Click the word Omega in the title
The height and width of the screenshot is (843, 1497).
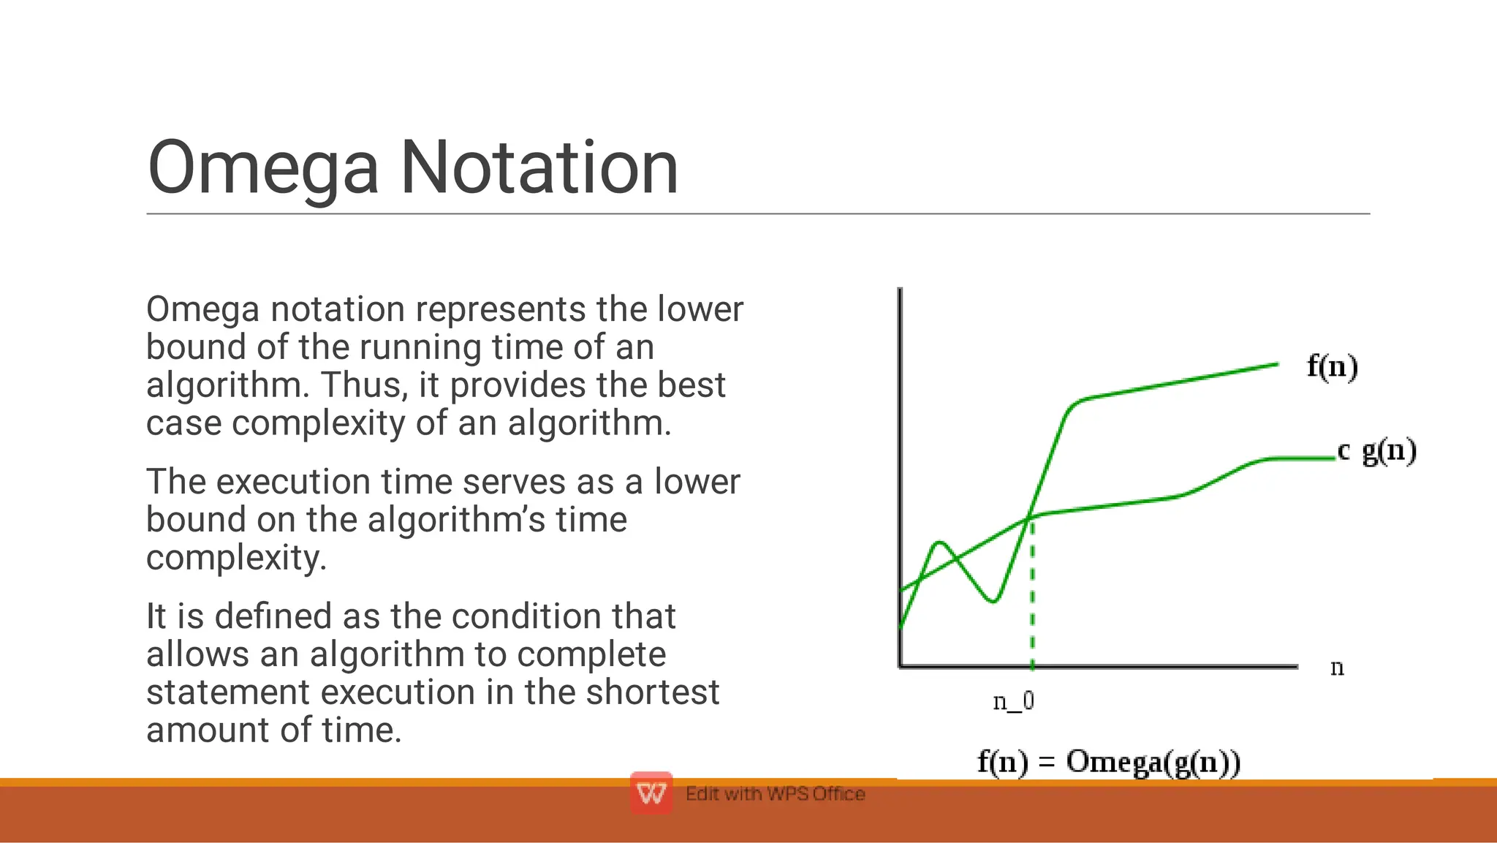tap(262, 168)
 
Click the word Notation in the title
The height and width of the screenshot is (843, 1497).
tap(539, 168)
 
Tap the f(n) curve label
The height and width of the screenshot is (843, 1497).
tap(1332, 366)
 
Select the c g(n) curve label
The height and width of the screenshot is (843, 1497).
tap(1376, 450)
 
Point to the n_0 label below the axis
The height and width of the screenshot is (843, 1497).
tap(1013, 701)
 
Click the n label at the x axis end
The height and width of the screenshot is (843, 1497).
tap(1337, 668)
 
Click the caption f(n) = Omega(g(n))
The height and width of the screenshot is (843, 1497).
tap(1108, 762)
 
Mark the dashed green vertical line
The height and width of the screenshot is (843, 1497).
tap(1032, 600)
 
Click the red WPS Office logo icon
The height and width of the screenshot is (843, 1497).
tap(651, 793)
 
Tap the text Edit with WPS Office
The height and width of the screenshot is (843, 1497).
tap(775, 794)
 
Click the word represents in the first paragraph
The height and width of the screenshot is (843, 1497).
tap(501, 309)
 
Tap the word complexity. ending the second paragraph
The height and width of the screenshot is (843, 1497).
tap(236, 558)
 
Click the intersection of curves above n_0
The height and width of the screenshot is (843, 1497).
tap(1031, 516)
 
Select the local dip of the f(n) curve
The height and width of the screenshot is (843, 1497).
tap(993, 601)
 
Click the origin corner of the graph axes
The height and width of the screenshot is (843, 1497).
tap(901, 666)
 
